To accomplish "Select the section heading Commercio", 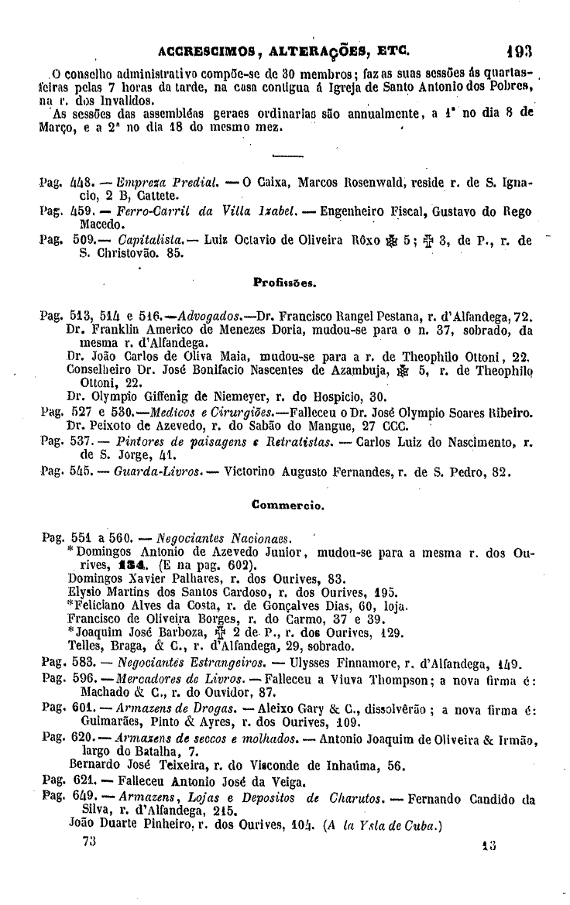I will click(x=284, y=506).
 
